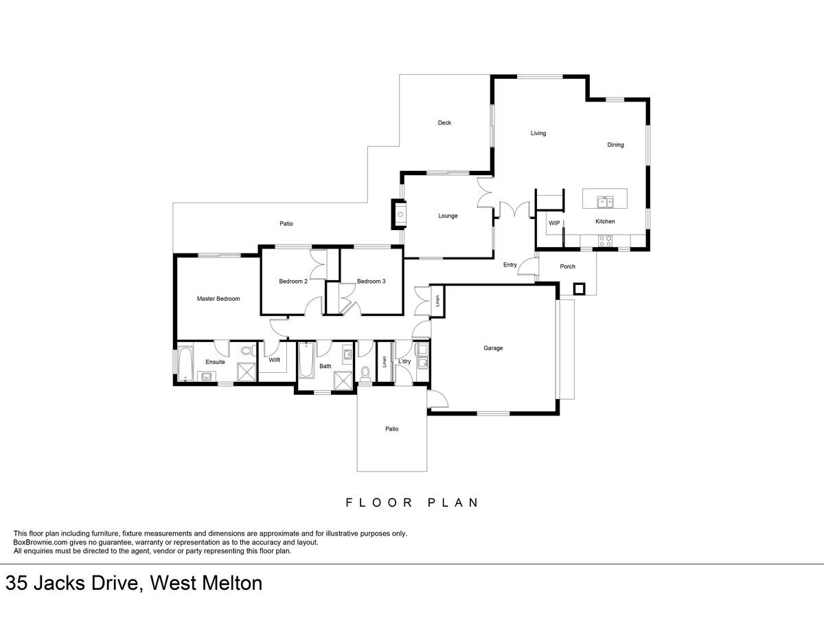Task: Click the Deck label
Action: [444, 123]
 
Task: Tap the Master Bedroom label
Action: [218, 299]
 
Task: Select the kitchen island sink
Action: [605, 202]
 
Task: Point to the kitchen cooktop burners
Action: [605, 240]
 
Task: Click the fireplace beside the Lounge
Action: [400, 214]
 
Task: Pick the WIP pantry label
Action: [554, 223]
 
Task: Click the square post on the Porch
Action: [579, 289]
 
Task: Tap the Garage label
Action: [493, 348]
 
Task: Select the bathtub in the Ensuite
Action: [185, 364]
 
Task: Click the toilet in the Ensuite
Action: [247, 351]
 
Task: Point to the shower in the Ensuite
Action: [247, 372]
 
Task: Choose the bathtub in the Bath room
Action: [306, 360]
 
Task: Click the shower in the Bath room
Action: [343, 380]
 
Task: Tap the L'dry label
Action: [404, 361]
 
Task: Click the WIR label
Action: [275, 360]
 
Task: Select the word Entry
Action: [510, 265]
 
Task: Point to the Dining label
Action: [615, 145]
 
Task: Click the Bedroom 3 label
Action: [371, 282]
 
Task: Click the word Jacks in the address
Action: [59, 583]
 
